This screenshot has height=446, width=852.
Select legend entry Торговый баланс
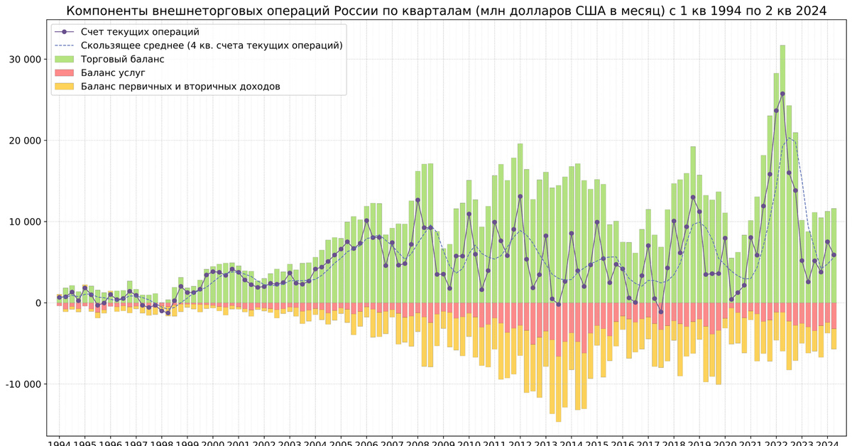coord(122,59)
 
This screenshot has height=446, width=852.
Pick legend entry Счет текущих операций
coord(140,32)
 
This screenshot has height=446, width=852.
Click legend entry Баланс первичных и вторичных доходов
coord(180,86)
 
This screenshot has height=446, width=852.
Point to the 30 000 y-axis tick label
coord(25,60)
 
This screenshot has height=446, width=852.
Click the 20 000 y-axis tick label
coord(25,141)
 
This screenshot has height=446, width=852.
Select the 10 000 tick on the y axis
coord(25,222)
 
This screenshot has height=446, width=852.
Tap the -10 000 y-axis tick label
coord(23,384)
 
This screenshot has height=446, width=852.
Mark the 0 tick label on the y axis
coord(40,303)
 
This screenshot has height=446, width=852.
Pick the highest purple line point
coord(782,94)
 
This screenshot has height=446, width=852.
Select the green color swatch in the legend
coord(65,59)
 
